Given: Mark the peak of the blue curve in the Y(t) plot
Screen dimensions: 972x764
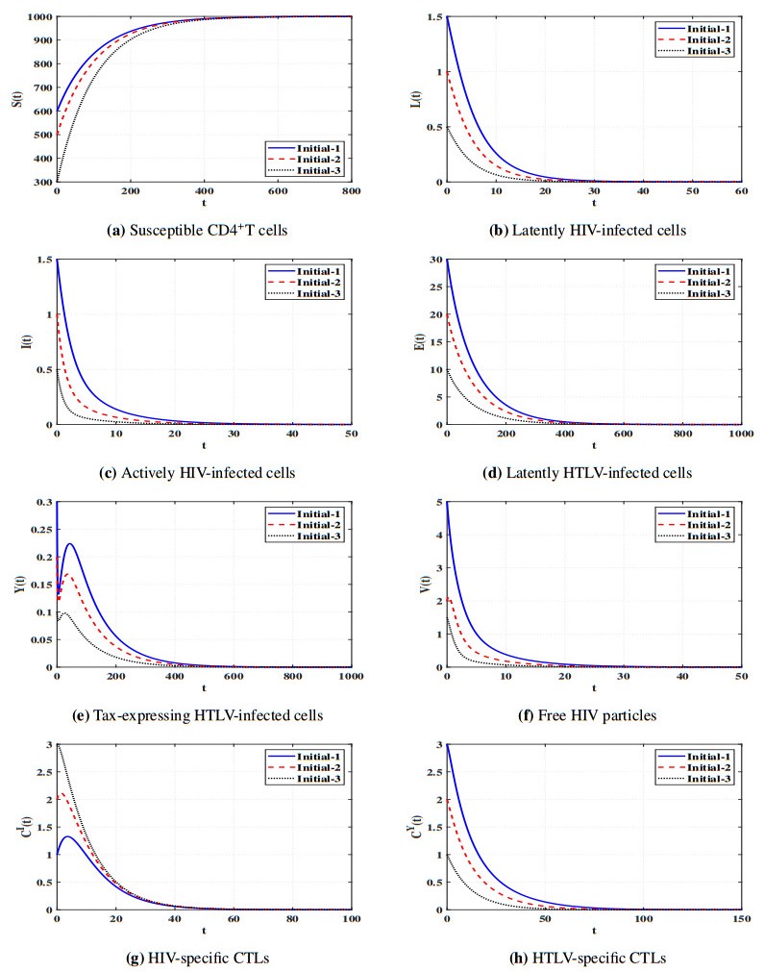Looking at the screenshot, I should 69,544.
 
